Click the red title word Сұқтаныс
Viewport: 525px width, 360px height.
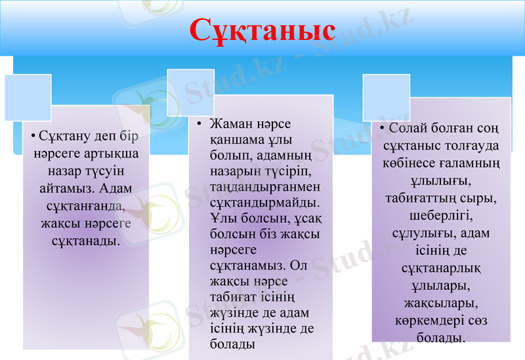[262, 30]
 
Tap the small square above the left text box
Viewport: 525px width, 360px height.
[28, 98]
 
